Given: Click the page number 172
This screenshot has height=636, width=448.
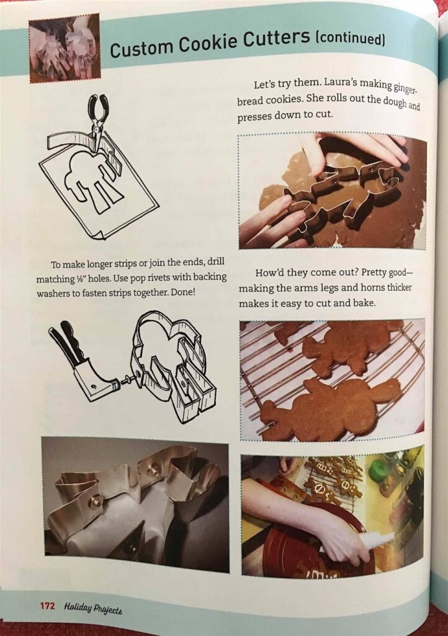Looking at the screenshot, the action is pos(47,606).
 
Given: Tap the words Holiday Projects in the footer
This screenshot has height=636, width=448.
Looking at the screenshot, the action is pos(93,608).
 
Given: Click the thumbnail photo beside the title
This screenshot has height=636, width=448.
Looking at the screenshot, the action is pos(64,48).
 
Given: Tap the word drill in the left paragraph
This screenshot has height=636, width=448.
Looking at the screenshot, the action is pos(215,261).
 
